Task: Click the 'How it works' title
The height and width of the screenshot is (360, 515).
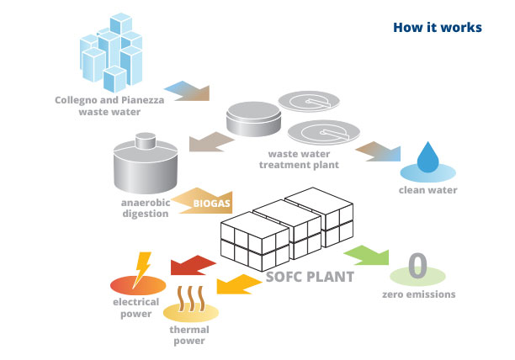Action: (x=437, y=28)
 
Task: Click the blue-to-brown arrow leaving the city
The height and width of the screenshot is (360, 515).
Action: (x=185, y=90)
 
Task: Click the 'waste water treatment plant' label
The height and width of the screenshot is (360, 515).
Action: (x=303, y=159)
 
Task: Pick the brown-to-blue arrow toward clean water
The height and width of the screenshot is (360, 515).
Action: (x=377, y=152)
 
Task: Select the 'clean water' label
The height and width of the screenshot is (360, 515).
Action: (x=427, y=190)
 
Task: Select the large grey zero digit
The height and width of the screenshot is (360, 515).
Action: (x=417, y=266)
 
